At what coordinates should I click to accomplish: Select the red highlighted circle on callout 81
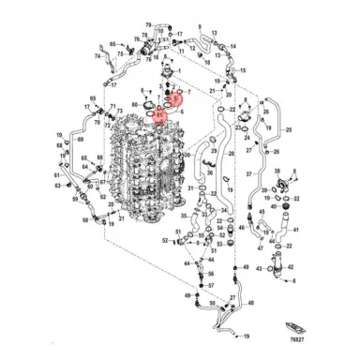160,116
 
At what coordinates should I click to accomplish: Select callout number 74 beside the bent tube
97,56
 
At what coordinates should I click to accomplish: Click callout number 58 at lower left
84,220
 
